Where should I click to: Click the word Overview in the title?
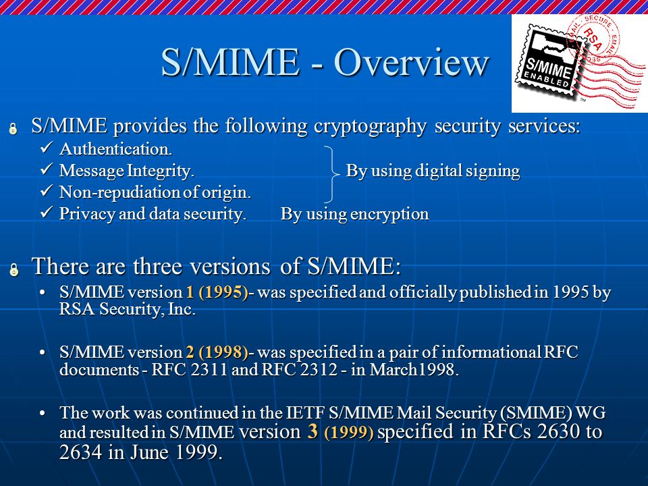coord(411,62)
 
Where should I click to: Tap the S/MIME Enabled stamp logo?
coord(579,63)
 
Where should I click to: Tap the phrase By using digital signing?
coord(433,171)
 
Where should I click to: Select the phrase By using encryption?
coord(354,214)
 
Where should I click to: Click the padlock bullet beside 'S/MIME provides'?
coord(13,128)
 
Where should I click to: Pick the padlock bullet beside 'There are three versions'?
coord(14,269)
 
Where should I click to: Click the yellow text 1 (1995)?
coord(217,292)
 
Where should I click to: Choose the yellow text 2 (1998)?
coord(217,352)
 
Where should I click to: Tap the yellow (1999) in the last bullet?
coord(349,432)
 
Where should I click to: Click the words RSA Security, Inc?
coord(128,309)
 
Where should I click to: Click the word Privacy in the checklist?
coord(87,214)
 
